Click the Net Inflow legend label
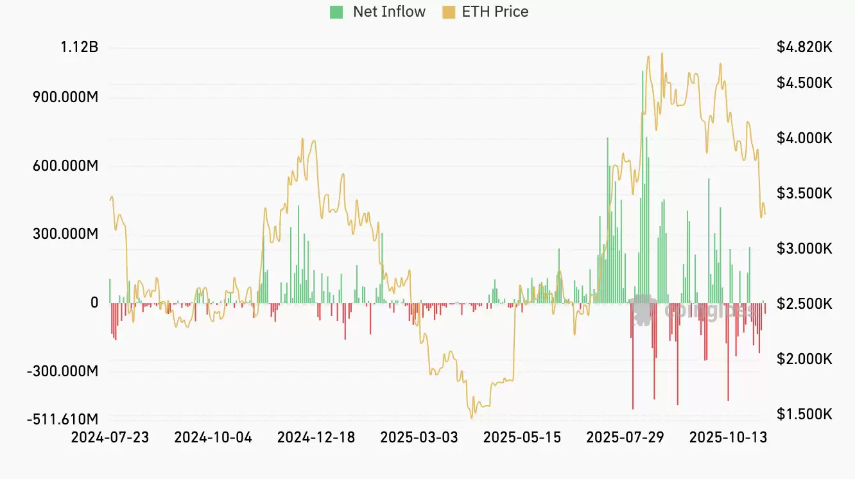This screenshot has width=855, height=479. point(389,12)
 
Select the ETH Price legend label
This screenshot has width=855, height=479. point(495,12)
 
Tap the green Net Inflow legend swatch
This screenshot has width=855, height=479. point(336,12)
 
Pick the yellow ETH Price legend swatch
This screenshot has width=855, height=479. point(449,12)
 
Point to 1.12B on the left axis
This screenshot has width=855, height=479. point(80,47)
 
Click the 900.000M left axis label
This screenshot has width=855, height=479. point(66,97)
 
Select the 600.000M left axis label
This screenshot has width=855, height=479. point(66,166)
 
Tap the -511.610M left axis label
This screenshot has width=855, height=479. point(63,419)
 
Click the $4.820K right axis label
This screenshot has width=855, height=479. point(804,47)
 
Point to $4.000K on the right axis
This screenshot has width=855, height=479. point(804,138)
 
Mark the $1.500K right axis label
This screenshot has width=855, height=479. point(804,414)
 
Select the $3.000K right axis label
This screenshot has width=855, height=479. point(804,248)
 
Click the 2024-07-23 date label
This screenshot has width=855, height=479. point(110,438)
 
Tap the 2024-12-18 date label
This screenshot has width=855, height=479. point(316,438)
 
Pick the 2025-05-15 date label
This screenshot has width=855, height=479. point(522,438)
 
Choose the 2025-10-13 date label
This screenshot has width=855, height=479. point(728,438)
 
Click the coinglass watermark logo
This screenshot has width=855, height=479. point(644,310)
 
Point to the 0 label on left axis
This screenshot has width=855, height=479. point(94,302)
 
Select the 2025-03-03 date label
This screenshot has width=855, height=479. point(419,438)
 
